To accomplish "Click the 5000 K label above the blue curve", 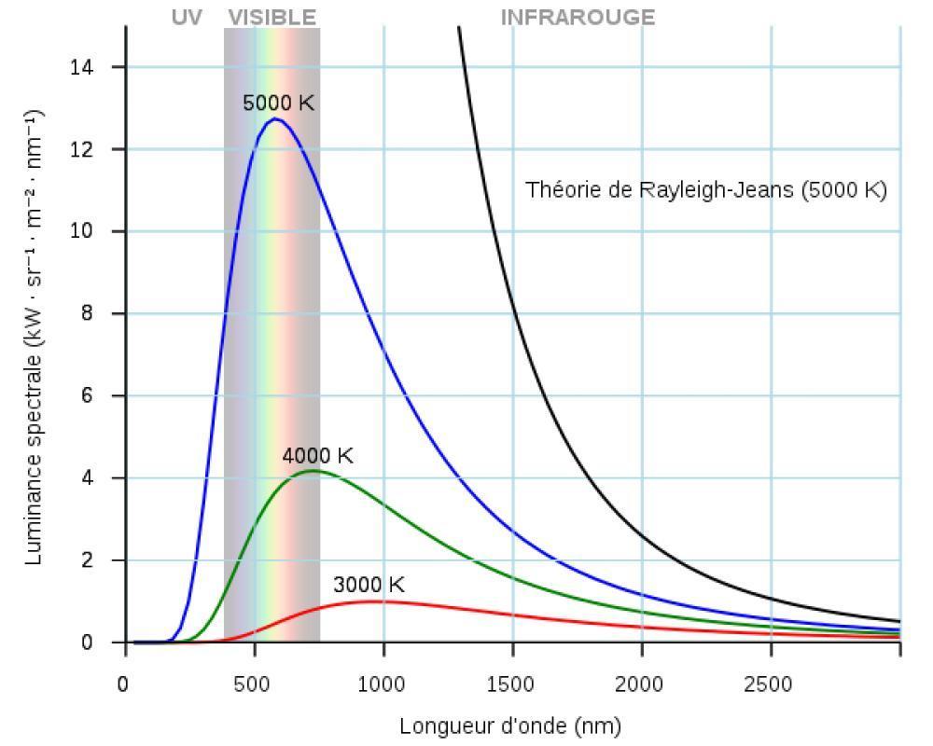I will (x=278, y=104).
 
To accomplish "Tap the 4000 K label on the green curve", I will (x=317, y=456).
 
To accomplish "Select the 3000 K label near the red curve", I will (x=369, y=585).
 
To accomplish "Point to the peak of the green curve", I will (x=313, y=471).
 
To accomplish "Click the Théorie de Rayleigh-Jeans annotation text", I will (x=705, y=190).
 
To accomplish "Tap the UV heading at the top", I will (x=187, y=18).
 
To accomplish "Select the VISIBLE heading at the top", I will (x=272, y=18).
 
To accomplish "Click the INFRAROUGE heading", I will (x=578, y=18).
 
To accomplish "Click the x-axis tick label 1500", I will (x=512, y=685).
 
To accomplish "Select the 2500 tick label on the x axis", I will (x=770, y=685).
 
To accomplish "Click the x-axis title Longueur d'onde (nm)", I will (x=510, y=725).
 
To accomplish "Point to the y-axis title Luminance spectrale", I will (x=35, y=336).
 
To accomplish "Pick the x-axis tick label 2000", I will (x=641, y=685).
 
